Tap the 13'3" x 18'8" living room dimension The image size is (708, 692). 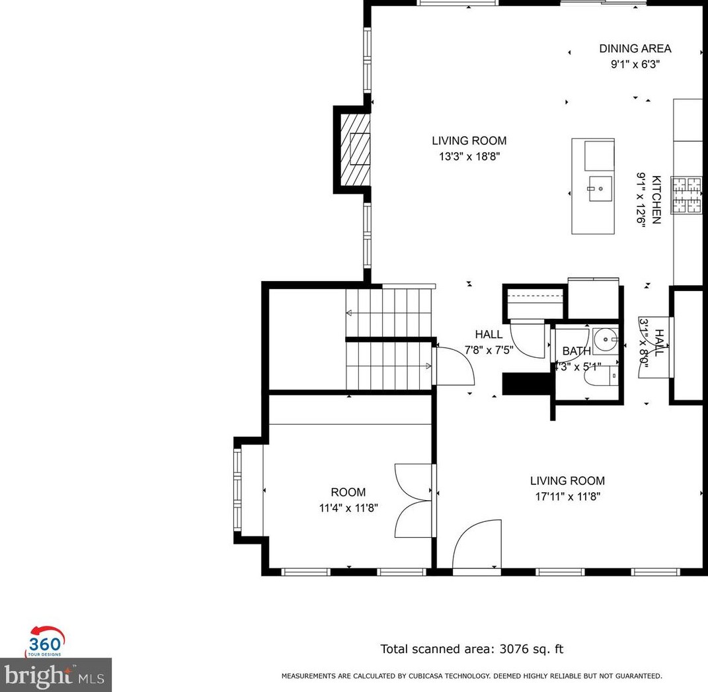point(469,157)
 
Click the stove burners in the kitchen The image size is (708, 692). point(687,195)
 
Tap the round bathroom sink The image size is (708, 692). point(604,340)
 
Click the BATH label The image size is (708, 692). point(576,351)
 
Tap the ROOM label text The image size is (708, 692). point(348,492)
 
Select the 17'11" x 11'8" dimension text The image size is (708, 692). point(567,497)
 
